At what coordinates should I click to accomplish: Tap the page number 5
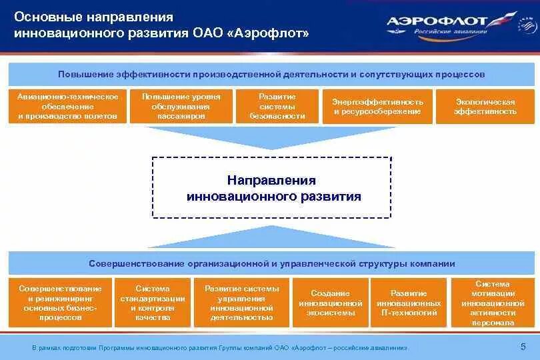(x=523, y=346)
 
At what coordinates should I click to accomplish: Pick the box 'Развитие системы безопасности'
(x=277, y=107)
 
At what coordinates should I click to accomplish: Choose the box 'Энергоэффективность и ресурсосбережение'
(x=377, y=107)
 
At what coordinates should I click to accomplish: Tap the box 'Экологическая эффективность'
(x=485, y=107)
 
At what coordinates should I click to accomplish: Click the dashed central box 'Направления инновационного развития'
(x=272, y=188)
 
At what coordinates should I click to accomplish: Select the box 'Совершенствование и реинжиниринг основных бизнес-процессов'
(x=61, y=303)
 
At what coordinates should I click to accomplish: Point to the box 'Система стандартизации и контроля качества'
(x=153, y=303)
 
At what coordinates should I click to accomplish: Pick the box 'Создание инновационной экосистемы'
(x=331, y=303)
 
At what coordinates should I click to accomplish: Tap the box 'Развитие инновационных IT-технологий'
(x=409, y=303)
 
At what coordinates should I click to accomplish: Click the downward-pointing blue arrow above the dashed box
(x=272, y=137)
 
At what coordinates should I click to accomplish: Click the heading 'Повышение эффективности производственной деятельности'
(x=272, y=74)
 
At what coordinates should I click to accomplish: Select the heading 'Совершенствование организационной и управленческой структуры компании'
(x=272, y=263)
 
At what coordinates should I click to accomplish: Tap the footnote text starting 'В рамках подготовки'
(x=220, y=348)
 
